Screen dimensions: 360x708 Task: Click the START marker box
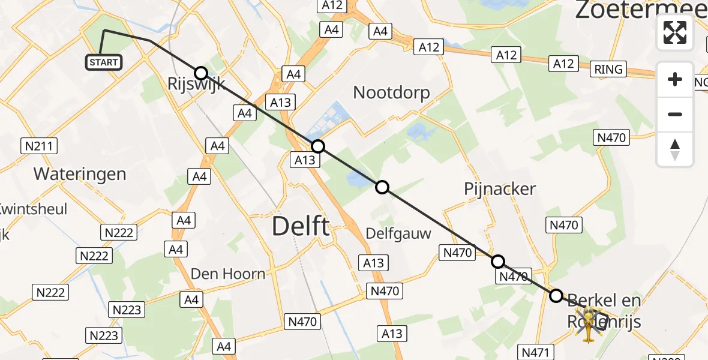[104, 62]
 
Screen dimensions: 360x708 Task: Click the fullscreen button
[675, 32]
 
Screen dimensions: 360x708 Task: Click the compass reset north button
[675, 149]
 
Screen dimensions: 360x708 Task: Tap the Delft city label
[301, 227]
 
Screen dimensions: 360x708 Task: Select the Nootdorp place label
[391, 92]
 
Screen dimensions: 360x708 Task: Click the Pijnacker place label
[500, 189]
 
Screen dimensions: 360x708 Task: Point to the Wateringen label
[80, 175]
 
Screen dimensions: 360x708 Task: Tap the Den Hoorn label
[227, 274]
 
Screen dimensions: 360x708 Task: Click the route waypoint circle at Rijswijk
[201, 73]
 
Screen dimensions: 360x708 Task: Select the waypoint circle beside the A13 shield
[318, 146]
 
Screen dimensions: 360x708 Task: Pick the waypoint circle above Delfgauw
[382, 187]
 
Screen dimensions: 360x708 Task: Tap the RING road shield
[608, 70]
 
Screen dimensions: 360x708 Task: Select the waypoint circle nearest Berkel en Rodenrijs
[556, 296]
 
